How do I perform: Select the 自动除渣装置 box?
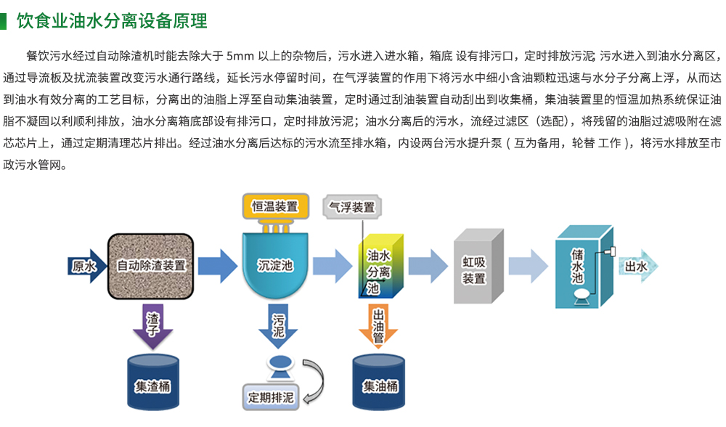(150, 266)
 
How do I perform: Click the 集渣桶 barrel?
(152, 383)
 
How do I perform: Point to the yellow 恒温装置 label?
(274, 206)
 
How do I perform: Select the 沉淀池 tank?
(275, 267)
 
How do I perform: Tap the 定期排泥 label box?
(271, 398)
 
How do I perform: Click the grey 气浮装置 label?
(352, 207)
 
